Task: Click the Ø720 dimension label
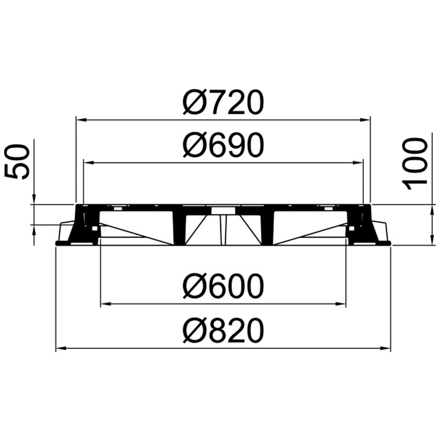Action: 224,103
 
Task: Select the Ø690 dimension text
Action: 224,145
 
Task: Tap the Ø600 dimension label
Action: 224,286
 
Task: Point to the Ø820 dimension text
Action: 224,330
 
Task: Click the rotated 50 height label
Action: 17,162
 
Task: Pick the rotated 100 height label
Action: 415,164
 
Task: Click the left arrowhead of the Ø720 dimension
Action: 81,120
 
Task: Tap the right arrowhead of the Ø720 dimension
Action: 366,120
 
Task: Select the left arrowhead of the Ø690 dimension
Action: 89,162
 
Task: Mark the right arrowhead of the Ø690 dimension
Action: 358,162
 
